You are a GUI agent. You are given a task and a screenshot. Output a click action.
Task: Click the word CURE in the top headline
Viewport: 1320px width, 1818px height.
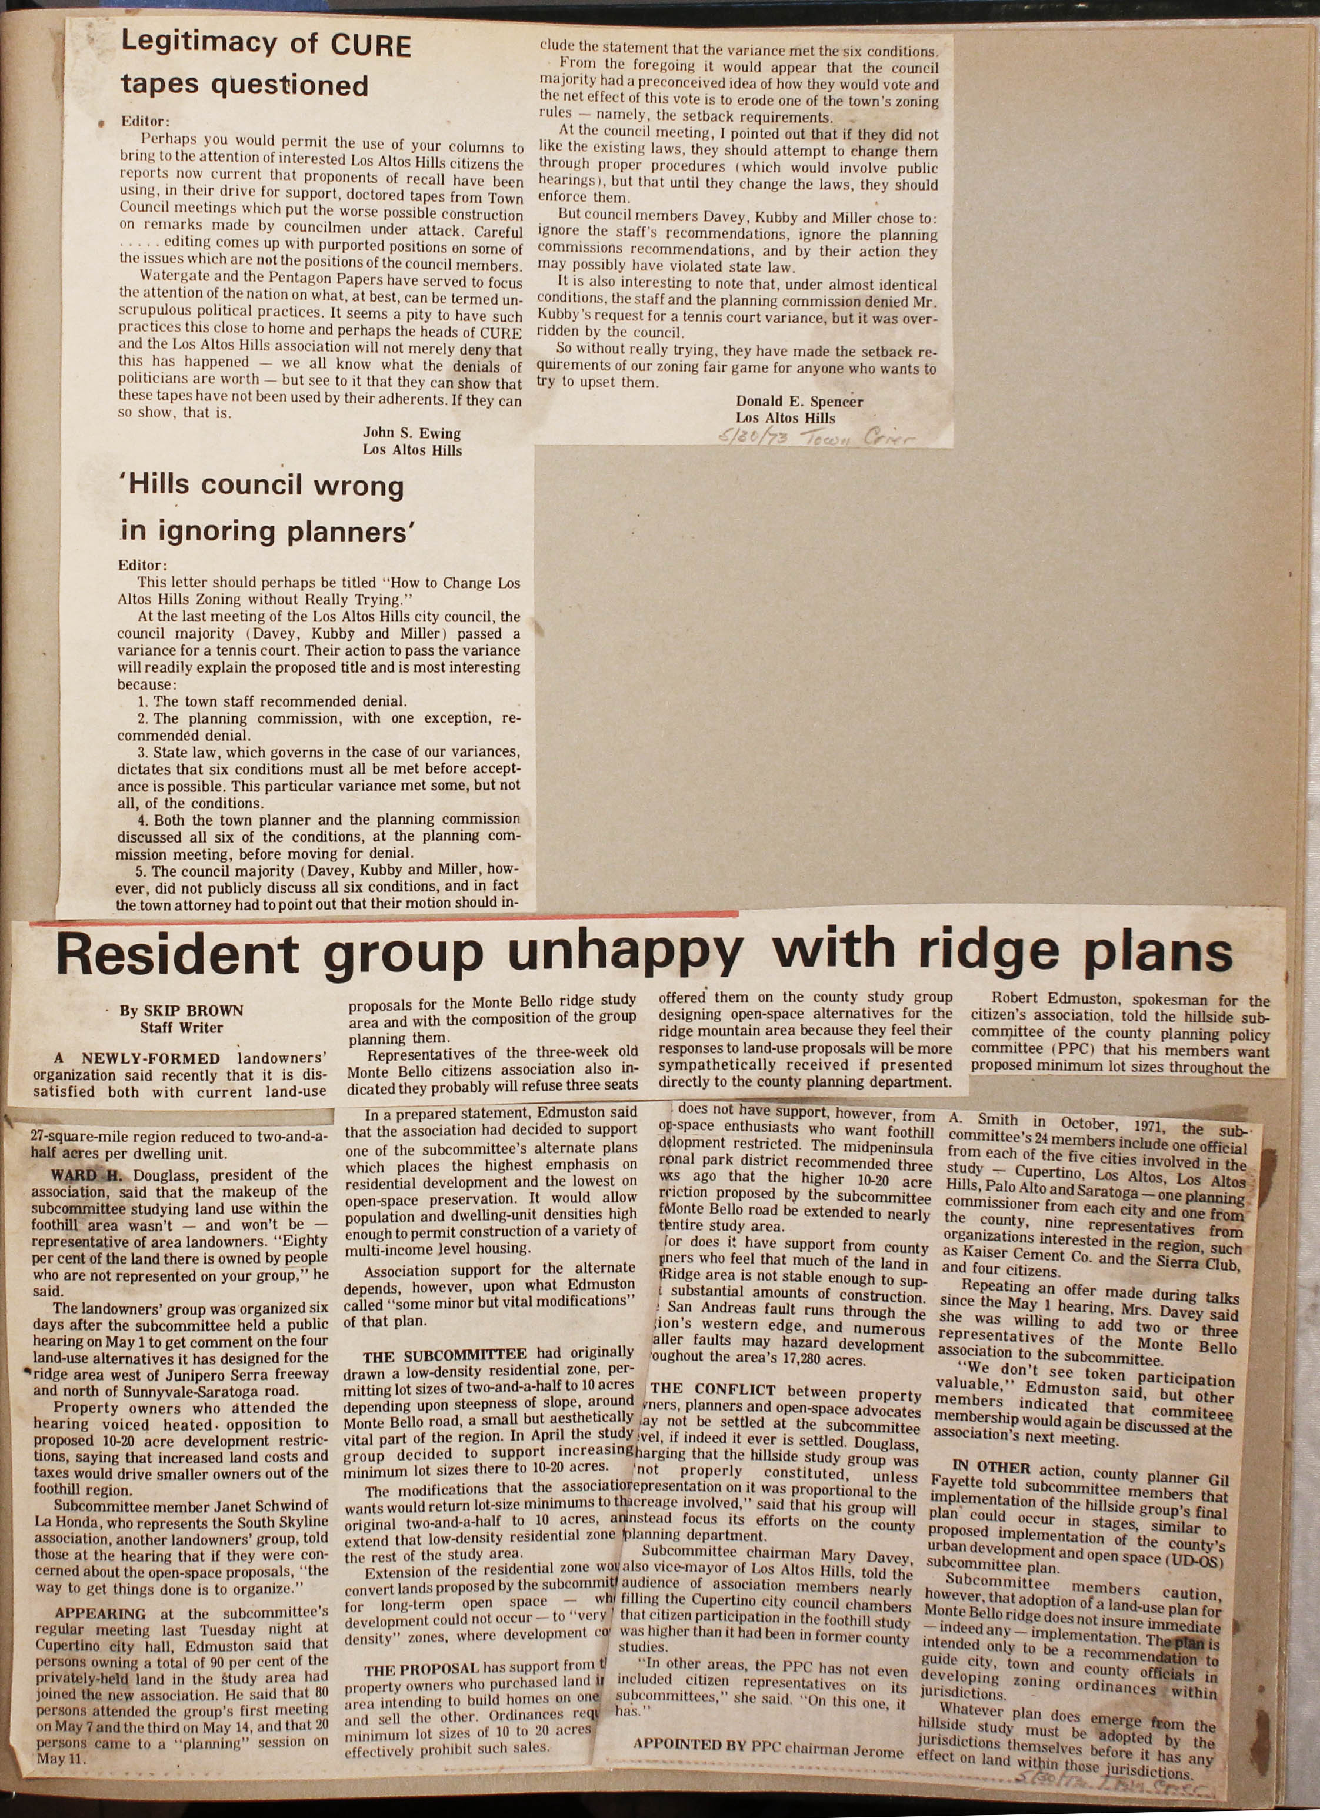[371, 46]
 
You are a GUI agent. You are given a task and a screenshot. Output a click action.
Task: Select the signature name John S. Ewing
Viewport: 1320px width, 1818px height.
[411, 434]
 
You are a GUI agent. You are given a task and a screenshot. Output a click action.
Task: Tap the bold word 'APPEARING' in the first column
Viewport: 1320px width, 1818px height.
[99, 1613]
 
